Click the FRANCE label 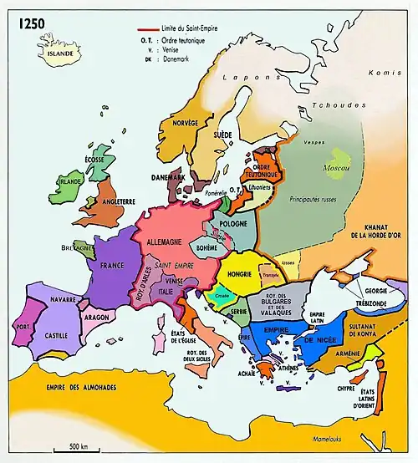112,265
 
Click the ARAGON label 99,318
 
